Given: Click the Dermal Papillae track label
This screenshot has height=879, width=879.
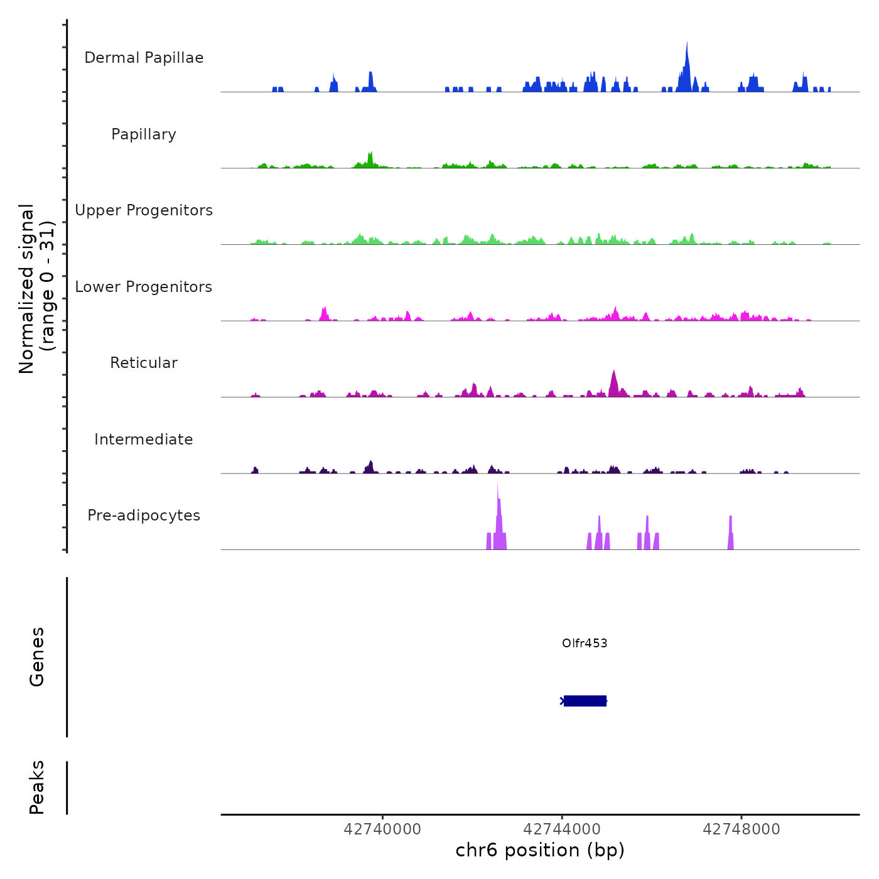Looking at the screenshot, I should tap(144, 58).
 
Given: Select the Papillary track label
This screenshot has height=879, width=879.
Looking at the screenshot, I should tap(144, 134).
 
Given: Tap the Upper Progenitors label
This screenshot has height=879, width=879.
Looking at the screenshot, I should tap(144, 210).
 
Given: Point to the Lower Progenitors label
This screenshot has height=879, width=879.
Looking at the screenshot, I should tap(144, 287).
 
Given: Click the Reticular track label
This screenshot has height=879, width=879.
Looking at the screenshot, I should tap(144, 363).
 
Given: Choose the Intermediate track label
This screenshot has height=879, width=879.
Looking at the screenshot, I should tap(144, 439).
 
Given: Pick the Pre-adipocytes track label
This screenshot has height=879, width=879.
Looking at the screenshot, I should tap(144, 515).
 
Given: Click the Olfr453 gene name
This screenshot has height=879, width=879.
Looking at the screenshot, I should tap(585, 643).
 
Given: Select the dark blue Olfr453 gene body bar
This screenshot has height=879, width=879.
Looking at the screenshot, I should tap(585, 701).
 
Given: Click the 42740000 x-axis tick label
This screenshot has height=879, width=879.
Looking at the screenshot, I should tap(382, 829).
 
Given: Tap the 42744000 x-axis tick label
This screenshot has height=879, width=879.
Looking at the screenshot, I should tap(562, 829).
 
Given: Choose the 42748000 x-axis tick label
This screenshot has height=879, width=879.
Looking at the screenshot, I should tap(741, 829).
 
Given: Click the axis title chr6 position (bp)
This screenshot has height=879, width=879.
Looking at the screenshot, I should tap(540, 850).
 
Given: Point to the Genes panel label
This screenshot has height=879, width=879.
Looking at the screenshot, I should tap(37, 657).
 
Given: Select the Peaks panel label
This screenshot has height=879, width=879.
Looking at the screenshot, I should tap(37, 787).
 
